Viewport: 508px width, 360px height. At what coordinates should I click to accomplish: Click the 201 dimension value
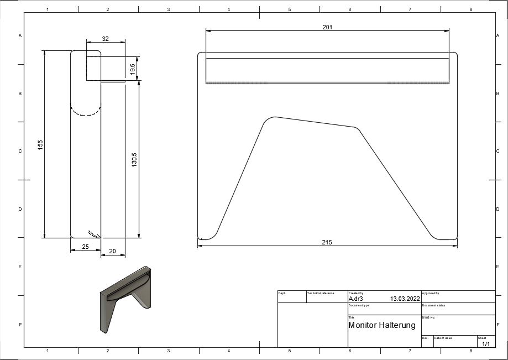pos(327,27)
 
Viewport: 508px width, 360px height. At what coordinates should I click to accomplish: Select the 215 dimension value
pos(327,243)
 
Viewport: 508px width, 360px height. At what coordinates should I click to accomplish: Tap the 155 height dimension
pos(40,144)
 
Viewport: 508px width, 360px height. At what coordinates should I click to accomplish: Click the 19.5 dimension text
pos(133,69)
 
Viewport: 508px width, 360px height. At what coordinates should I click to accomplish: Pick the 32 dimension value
pos(105,39)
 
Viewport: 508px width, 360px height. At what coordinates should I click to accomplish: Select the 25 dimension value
pos(85,247)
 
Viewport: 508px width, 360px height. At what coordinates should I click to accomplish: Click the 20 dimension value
pos(112,252)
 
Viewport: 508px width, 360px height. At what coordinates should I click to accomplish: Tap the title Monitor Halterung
pos(381,325)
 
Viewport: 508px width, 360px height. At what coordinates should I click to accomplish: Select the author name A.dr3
pos(355,298)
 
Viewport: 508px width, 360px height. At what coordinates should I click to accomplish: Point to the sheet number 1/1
pos(486,344)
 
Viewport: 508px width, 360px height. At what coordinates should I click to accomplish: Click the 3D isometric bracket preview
pos(125,299)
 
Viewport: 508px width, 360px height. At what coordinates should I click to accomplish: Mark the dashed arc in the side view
pos(85,111)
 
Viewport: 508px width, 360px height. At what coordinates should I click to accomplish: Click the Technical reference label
pos(321,293)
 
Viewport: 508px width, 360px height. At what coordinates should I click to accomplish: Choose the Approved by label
pos(431,293)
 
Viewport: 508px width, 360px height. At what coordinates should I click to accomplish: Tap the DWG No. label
pos(429,317)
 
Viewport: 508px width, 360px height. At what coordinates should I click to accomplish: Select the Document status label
pos(433,305)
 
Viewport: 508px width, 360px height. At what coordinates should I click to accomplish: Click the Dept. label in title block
pos(281,293)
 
